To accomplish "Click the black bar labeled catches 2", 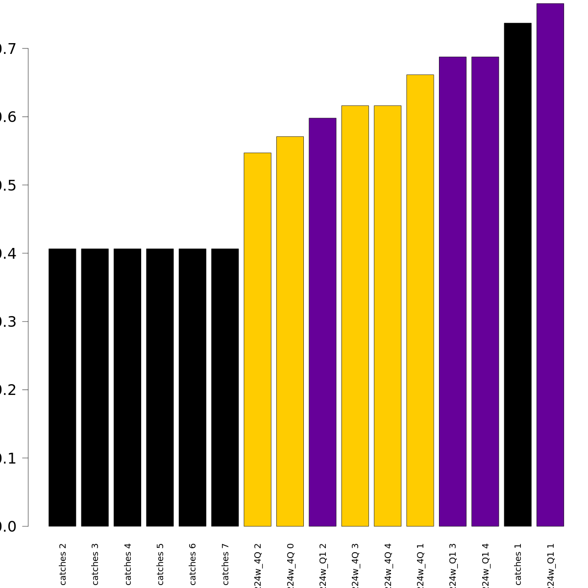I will coord(62,387).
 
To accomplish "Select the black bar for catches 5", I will coord(160,387).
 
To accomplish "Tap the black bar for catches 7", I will coord(225,387).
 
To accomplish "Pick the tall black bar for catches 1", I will coord(517,274).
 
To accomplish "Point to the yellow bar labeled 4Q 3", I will coord(355,316).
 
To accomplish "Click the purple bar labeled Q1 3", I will coord(453,292).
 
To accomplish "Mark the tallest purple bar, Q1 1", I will coord(550,265).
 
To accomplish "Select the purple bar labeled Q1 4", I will coord(485,292).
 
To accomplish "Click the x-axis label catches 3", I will coord(96,563).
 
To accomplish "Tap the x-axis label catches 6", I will coord(193,563).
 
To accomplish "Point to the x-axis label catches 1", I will coord(518,563).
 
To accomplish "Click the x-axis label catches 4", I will coord(128,563).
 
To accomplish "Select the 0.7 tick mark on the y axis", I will coord(25,49).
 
